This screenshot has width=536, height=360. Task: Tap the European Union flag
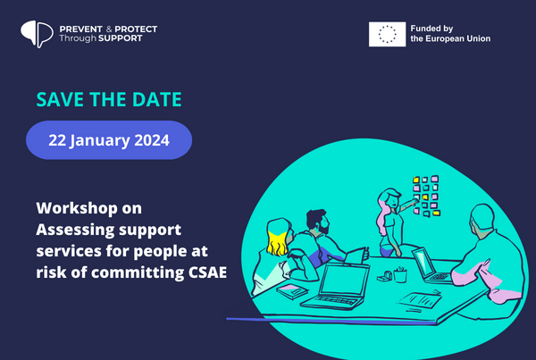[387, 34]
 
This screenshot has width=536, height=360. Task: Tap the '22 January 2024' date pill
[109, 140]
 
